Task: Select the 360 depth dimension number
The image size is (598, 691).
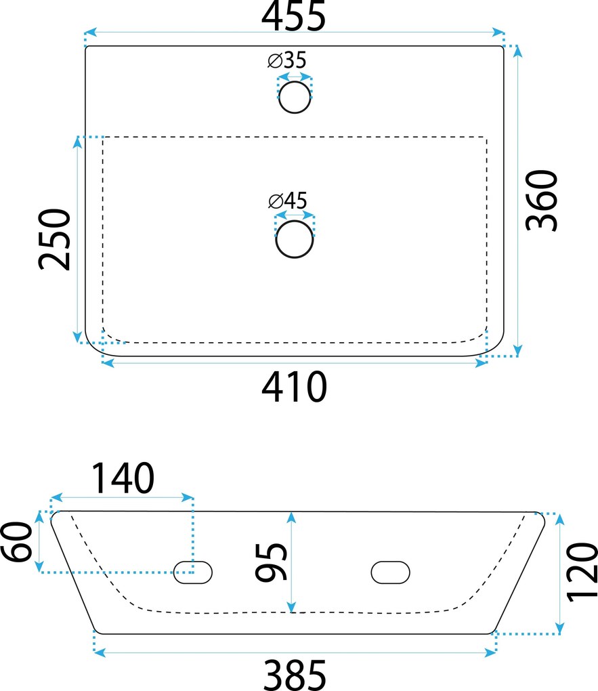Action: [x=542, y=201]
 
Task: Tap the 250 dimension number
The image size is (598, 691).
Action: [x=54, y=239]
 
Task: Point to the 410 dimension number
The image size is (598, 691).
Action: [x=294, y=386]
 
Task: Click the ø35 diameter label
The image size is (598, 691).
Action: [x=287, y=60]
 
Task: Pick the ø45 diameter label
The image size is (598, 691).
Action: [x=287, y=201]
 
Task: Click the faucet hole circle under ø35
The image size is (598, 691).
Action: [x=295, y=97]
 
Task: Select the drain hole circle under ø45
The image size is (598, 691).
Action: [x=295, y=239]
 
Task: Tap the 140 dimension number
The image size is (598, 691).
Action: [x=123, y=478]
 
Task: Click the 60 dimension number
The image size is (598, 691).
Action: [x=17, y=541]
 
